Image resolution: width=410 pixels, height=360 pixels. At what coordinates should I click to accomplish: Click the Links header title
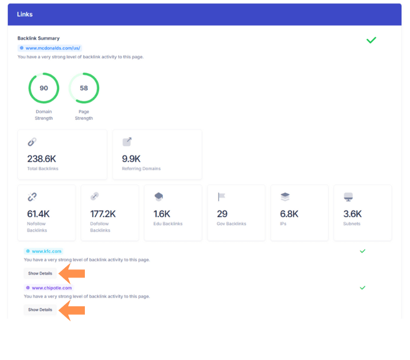(25, 14)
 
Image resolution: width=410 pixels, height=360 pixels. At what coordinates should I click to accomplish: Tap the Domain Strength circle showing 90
(44, 88)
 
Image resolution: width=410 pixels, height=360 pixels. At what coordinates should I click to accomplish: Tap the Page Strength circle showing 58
(84, 88)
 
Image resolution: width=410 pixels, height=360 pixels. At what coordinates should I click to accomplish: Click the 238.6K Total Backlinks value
(42, 159)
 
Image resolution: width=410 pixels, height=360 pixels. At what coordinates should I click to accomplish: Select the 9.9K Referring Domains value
(132, 159)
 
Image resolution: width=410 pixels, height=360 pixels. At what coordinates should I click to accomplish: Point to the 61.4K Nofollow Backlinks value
(38, 214)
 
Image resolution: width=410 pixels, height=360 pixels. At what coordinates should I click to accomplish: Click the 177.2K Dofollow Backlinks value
(103, 214)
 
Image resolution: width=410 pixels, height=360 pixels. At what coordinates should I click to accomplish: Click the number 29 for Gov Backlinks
(222, 214)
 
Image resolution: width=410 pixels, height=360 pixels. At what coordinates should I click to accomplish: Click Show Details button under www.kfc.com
(40, 273)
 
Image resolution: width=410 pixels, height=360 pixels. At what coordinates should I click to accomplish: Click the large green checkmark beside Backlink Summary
(371, 40)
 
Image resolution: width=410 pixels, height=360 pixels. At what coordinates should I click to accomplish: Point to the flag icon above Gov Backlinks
(222, 197)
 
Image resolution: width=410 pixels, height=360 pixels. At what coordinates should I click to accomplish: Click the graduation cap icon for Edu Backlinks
(159, 197)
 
